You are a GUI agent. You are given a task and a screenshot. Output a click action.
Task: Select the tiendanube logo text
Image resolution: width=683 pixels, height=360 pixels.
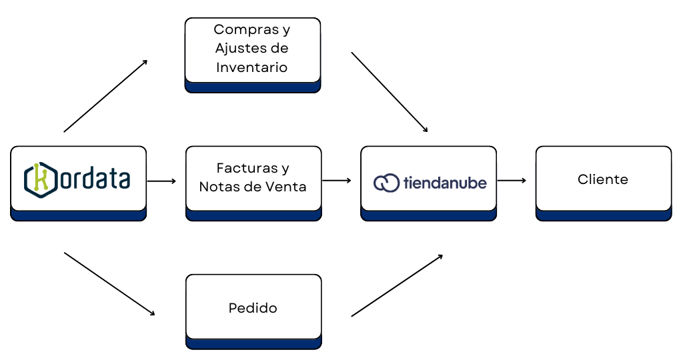(445, 183)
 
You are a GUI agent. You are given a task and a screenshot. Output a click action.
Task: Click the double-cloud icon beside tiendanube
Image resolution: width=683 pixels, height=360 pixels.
(386, 183)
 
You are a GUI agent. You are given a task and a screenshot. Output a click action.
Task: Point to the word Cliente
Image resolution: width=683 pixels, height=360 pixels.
(603, 179)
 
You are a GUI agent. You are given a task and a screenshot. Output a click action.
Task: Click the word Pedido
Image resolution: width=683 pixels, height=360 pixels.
(253, 308)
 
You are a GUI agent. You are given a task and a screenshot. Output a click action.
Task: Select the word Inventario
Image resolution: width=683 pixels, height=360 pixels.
(251, 67)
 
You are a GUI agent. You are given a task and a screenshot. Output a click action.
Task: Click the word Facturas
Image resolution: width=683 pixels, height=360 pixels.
(247, 167)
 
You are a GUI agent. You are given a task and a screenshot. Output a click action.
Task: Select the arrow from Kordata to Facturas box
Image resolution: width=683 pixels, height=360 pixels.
(161, 181)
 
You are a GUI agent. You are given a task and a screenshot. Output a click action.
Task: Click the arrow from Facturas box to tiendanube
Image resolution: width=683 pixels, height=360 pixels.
(337, 180)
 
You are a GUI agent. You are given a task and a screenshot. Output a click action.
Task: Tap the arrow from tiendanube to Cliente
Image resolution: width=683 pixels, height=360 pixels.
(512, 180)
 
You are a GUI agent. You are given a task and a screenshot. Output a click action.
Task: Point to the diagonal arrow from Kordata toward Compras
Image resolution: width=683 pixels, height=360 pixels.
(106, 96)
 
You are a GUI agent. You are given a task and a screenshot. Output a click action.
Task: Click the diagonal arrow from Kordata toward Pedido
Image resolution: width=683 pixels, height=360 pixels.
(109, 284)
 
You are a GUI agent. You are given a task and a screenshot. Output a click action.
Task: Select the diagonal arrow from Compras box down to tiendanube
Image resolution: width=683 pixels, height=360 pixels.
(390, 92)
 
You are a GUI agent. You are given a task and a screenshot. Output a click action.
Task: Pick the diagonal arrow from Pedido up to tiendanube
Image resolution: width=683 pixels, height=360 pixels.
(398, 285)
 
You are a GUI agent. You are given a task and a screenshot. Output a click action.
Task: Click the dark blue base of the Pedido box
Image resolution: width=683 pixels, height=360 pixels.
(253, 344)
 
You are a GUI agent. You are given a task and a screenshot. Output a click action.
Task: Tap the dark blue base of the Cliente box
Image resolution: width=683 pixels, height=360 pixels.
(604, 216)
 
